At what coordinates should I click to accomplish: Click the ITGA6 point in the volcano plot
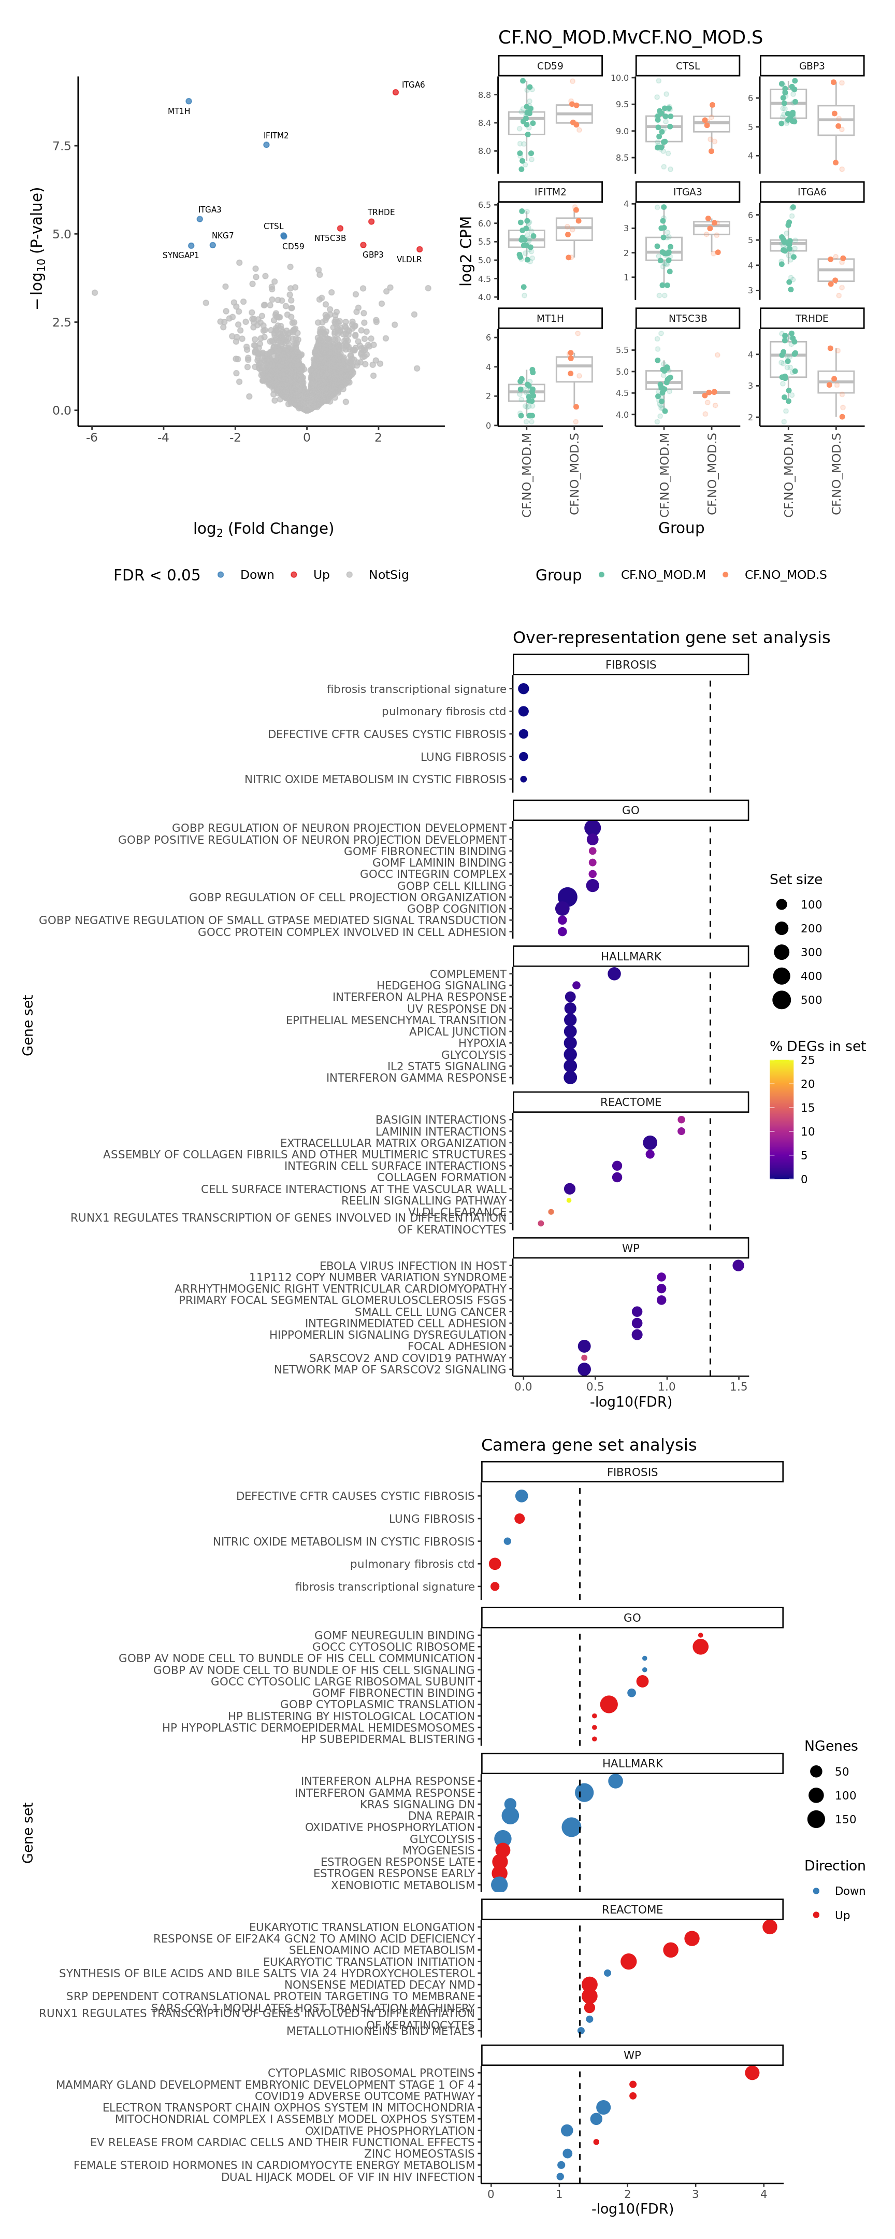(395, 92)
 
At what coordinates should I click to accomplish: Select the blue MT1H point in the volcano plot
(189, 102)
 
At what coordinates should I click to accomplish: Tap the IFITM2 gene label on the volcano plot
(276, 136)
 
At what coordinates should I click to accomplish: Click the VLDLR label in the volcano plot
(409, 259)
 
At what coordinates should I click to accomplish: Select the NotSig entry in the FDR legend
(387, 575)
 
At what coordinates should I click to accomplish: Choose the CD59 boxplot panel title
(550, 66)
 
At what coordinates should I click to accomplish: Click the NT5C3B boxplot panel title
(687, 318)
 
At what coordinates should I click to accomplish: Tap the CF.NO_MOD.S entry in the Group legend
(785, 575)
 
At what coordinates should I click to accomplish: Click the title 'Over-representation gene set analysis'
(671, 637)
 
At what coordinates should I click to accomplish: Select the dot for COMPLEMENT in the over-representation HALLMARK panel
(614, 973)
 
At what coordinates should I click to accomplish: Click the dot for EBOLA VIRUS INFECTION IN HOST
(738, 1266)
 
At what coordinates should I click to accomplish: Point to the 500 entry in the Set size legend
(810, 1000)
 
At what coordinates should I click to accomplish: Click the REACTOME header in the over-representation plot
(631, 1102)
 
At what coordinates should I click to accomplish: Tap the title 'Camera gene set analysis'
(588, 1444)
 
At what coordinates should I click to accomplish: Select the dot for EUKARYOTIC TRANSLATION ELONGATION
(769, 1927)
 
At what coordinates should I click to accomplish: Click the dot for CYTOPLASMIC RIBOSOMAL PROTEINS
(752, 2073)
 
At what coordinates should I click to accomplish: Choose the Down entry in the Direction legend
(849, 1891)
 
